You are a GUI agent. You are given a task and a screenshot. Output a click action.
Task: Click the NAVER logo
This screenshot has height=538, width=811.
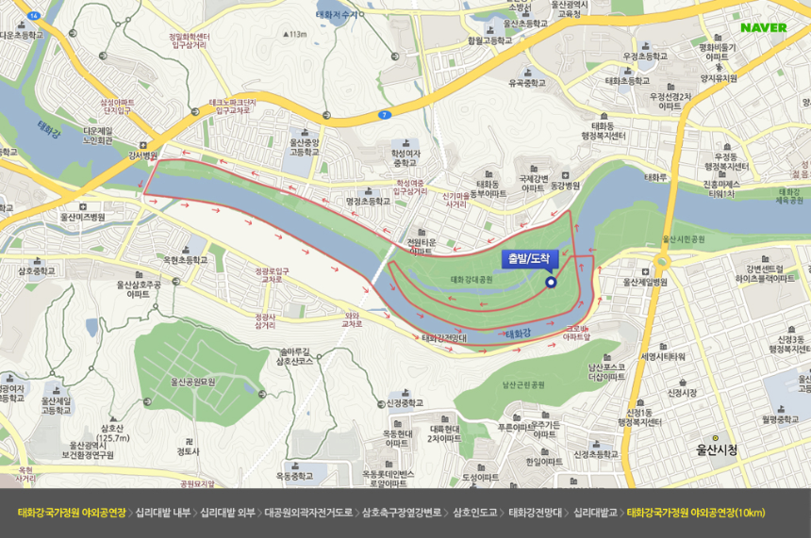[x=763, y=27]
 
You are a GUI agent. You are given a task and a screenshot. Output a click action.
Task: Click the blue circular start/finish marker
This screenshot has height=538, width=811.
[x=551, y=281]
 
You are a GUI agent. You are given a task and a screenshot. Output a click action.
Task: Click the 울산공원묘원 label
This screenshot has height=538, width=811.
[x=192, y=382]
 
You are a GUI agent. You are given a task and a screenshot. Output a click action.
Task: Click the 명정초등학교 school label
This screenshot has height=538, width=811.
[x=367, y=201]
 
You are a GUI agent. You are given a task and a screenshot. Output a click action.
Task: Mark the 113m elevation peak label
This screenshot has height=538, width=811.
[x=297, y=35]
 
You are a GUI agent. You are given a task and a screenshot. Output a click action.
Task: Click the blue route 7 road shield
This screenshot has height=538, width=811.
[x=384, y=115]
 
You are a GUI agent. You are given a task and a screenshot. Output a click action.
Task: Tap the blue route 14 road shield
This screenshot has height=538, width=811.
[x=34, y=16]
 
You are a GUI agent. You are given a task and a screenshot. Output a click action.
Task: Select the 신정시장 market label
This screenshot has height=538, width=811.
[x=682, y=392]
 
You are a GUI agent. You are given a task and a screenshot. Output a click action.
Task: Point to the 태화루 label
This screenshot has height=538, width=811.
[x=655, y=177]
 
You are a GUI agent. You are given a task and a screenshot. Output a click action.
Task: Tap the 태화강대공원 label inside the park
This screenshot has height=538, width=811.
[x=472, y=280]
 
